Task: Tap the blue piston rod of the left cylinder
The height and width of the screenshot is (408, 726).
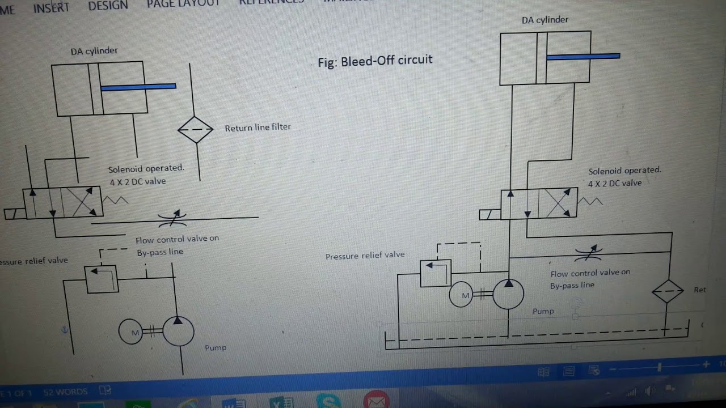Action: pyautogui.click(x=138, y=87)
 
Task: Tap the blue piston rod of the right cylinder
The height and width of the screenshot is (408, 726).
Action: pyautogui.click(x=583, y=56)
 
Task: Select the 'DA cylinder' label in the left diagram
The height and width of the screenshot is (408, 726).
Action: pyautogui.click(x=94, y=51)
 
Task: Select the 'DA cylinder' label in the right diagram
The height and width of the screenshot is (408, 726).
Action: pyautogui.click(x=545, y=20)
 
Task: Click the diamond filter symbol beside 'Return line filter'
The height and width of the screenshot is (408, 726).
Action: pyautogui.click(x=196, y=130)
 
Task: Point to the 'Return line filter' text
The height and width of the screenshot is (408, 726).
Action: pyautogui.click(x=258, y=127)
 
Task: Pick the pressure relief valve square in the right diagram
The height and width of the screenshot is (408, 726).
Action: pyautogui.click(x=436, y=273)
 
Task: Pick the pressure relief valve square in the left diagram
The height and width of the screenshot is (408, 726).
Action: pyautogui.click(x=102, y=279)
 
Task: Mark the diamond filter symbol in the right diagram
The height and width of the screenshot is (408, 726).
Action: pyautogui.click(x=668, y=291)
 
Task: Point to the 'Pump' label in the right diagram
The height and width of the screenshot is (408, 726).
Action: pyautogui.click(x=543, y=311)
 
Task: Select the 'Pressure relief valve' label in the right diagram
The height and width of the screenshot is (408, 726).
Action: pyautogui.click(x=365, y=256)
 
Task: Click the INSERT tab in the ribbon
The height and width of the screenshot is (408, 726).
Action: pyautogui.click(x=51, y=8)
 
